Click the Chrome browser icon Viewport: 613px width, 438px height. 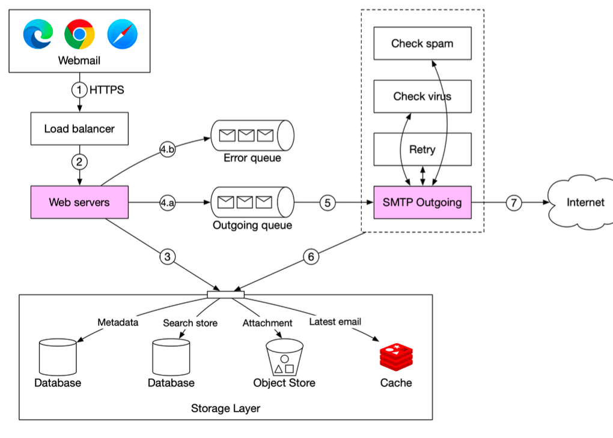pos(79,34)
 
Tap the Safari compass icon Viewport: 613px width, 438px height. pos(123,34)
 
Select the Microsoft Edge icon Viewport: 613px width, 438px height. pos(38,34)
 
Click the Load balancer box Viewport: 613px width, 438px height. pos(79,128)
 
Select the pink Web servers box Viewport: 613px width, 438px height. pos(79,202)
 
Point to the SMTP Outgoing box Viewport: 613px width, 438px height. pos(422,202)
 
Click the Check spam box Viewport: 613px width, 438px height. pos(422,43)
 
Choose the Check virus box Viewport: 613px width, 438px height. pos(422,96)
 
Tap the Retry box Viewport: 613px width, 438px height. pos(422,149)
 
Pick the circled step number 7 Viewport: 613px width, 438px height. pos(513,203)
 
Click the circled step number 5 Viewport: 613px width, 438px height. pos(328,203)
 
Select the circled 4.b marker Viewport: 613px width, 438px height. pos(167,149)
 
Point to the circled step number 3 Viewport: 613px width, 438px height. pos(167,257)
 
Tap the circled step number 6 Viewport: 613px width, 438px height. pos(311,257)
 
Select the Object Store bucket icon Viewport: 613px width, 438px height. pos(284,358)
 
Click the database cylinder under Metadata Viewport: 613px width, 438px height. pos(57,358)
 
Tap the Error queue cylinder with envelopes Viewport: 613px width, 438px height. pos(252,136)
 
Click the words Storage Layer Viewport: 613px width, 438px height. pos(225,409)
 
